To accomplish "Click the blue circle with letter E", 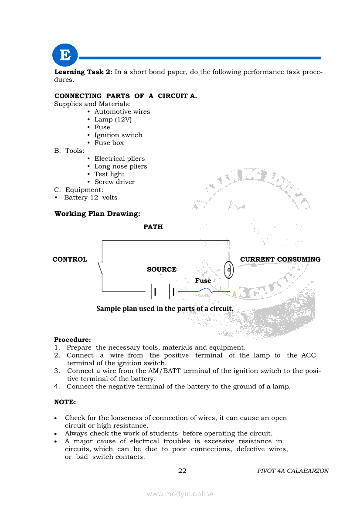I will point(65,55).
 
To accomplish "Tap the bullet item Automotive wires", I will point(122,111).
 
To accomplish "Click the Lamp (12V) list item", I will point(113,119).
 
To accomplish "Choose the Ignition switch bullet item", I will point(118,135).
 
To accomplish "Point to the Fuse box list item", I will point(109,143).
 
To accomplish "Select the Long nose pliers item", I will point(121,166).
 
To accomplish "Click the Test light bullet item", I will point(109,174).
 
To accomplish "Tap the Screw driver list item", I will point(115,182).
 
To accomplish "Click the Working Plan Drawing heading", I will point(97,214).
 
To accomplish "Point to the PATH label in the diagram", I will point(153,227).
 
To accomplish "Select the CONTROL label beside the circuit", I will point(70,260).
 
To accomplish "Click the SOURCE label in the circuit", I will point(162,270).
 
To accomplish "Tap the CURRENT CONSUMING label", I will point(280,260).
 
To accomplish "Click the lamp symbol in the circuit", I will point(228,271).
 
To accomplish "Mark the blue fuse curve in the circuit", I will point(204,290).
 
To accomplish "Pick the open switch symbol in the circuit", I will point(101,268).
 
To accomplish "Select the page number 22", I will point(182,471).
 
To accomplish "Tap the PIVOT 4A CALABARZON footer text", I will point(293,471).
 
